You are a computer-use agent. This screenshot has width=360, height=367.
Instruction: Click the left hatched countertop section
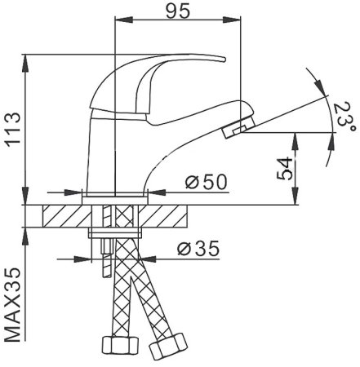(x=62, y=216)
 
